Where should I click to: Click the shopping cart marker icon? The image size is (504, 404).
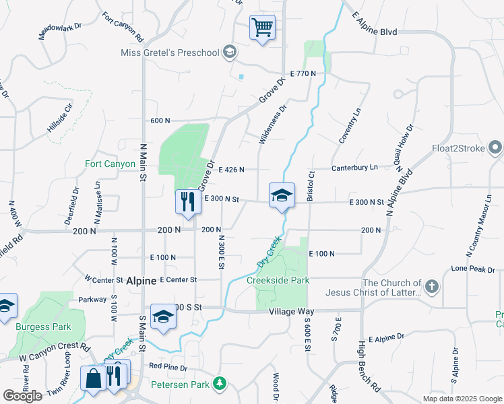pyautogui.click(x=262, y=28)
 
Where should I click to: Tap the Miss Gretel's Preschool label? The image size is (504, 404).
pyautogui.click(x=170, y=53)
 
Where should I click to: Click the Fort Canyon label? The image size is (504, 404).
pyautogui.click(x=110, y=164)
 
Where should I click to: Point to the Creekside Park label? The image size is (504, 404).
pyautogui.click(x=278, y=280)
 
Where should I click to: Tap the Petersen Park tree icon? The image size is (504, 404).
pyautogui.click(x=219, y=384)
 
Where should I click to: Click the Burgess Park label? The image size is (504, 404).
pyautogui.click(x=43, y=327)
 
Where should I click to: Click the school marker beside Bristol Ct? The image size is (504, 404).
pyautogui.click(x=282, y=196)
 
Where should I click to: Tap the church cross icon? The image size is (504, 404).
pyautogui.click(x=432, y=288)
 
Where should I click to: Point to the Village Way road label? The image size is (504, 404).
pyautogui.click(x=291, y=312)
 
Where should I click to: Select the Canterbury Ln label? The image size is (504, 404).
pyautogui.click(x=354, y=168)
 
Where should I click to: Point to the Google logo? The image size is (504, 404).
pyautogui.click(x=22, y=396)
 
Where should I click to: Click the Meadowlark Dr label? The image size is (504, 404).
pyautogui.click(x=61, y=32)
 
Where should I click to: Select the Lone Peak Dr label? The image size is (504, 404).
pyautogui.click(x=473, y=268)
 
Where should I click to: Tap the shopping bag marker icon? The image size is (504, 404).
pyautogui.click(x=93, y=377)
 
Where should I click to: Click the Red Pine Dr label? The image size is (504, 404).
pyautogui.click(x=168, y=367)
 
